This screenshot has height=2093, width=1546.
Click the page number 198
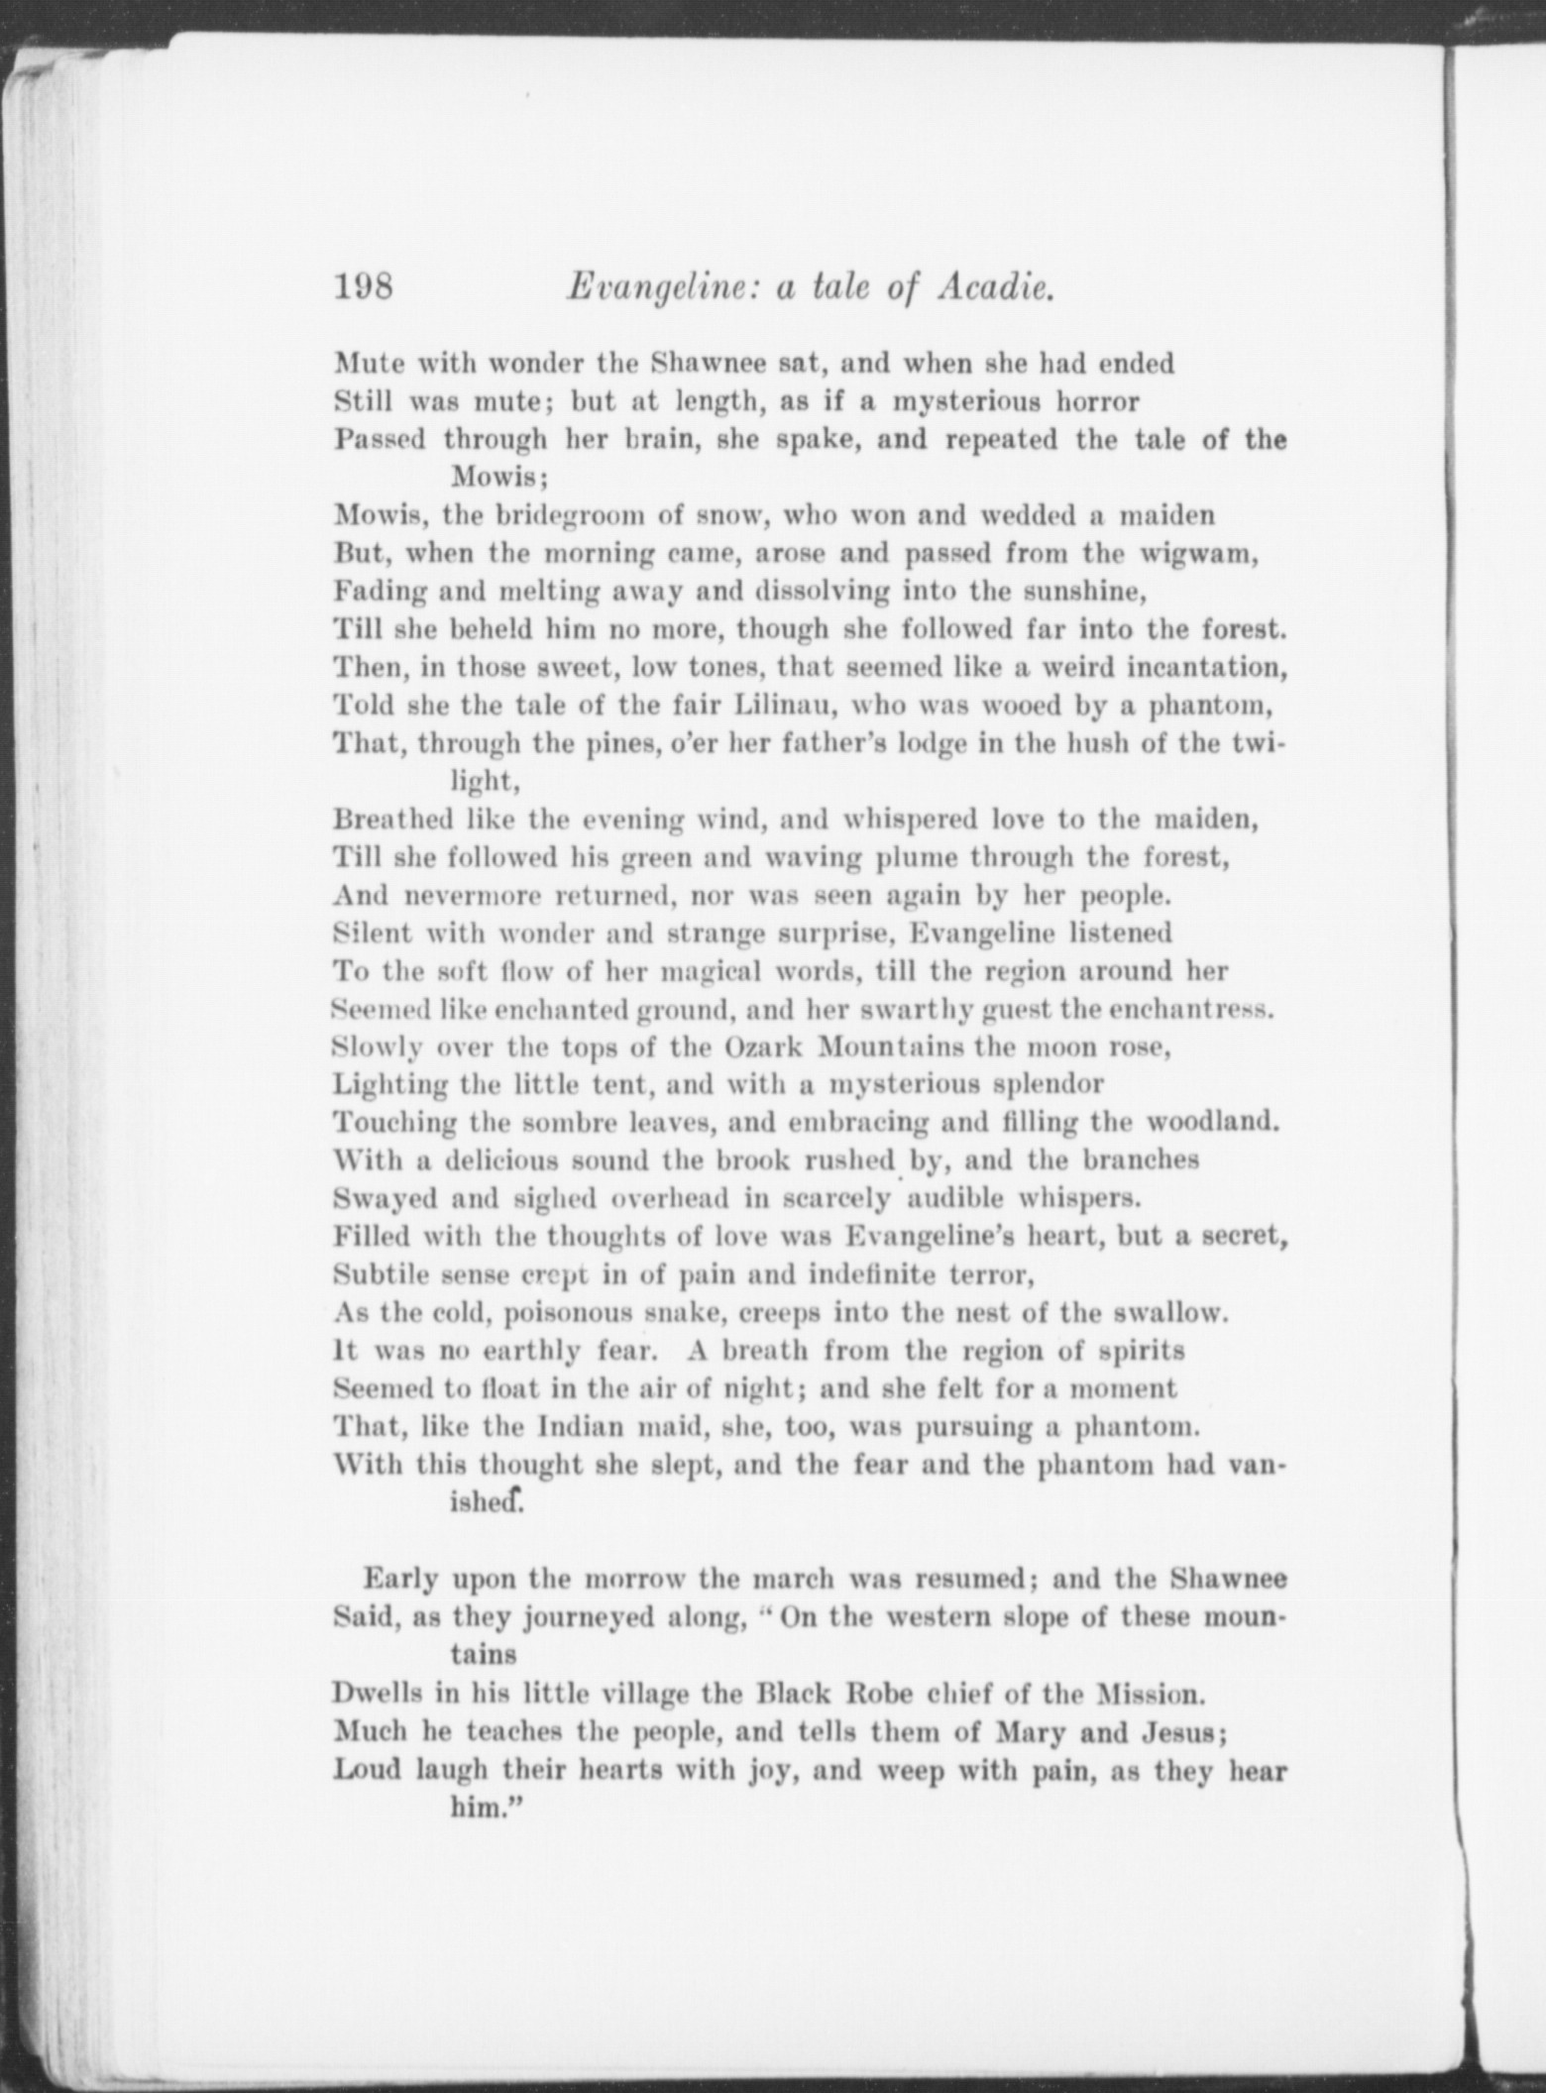pos(365,288)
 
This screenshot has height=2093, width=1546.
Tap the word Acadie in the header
pos(995,288)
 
